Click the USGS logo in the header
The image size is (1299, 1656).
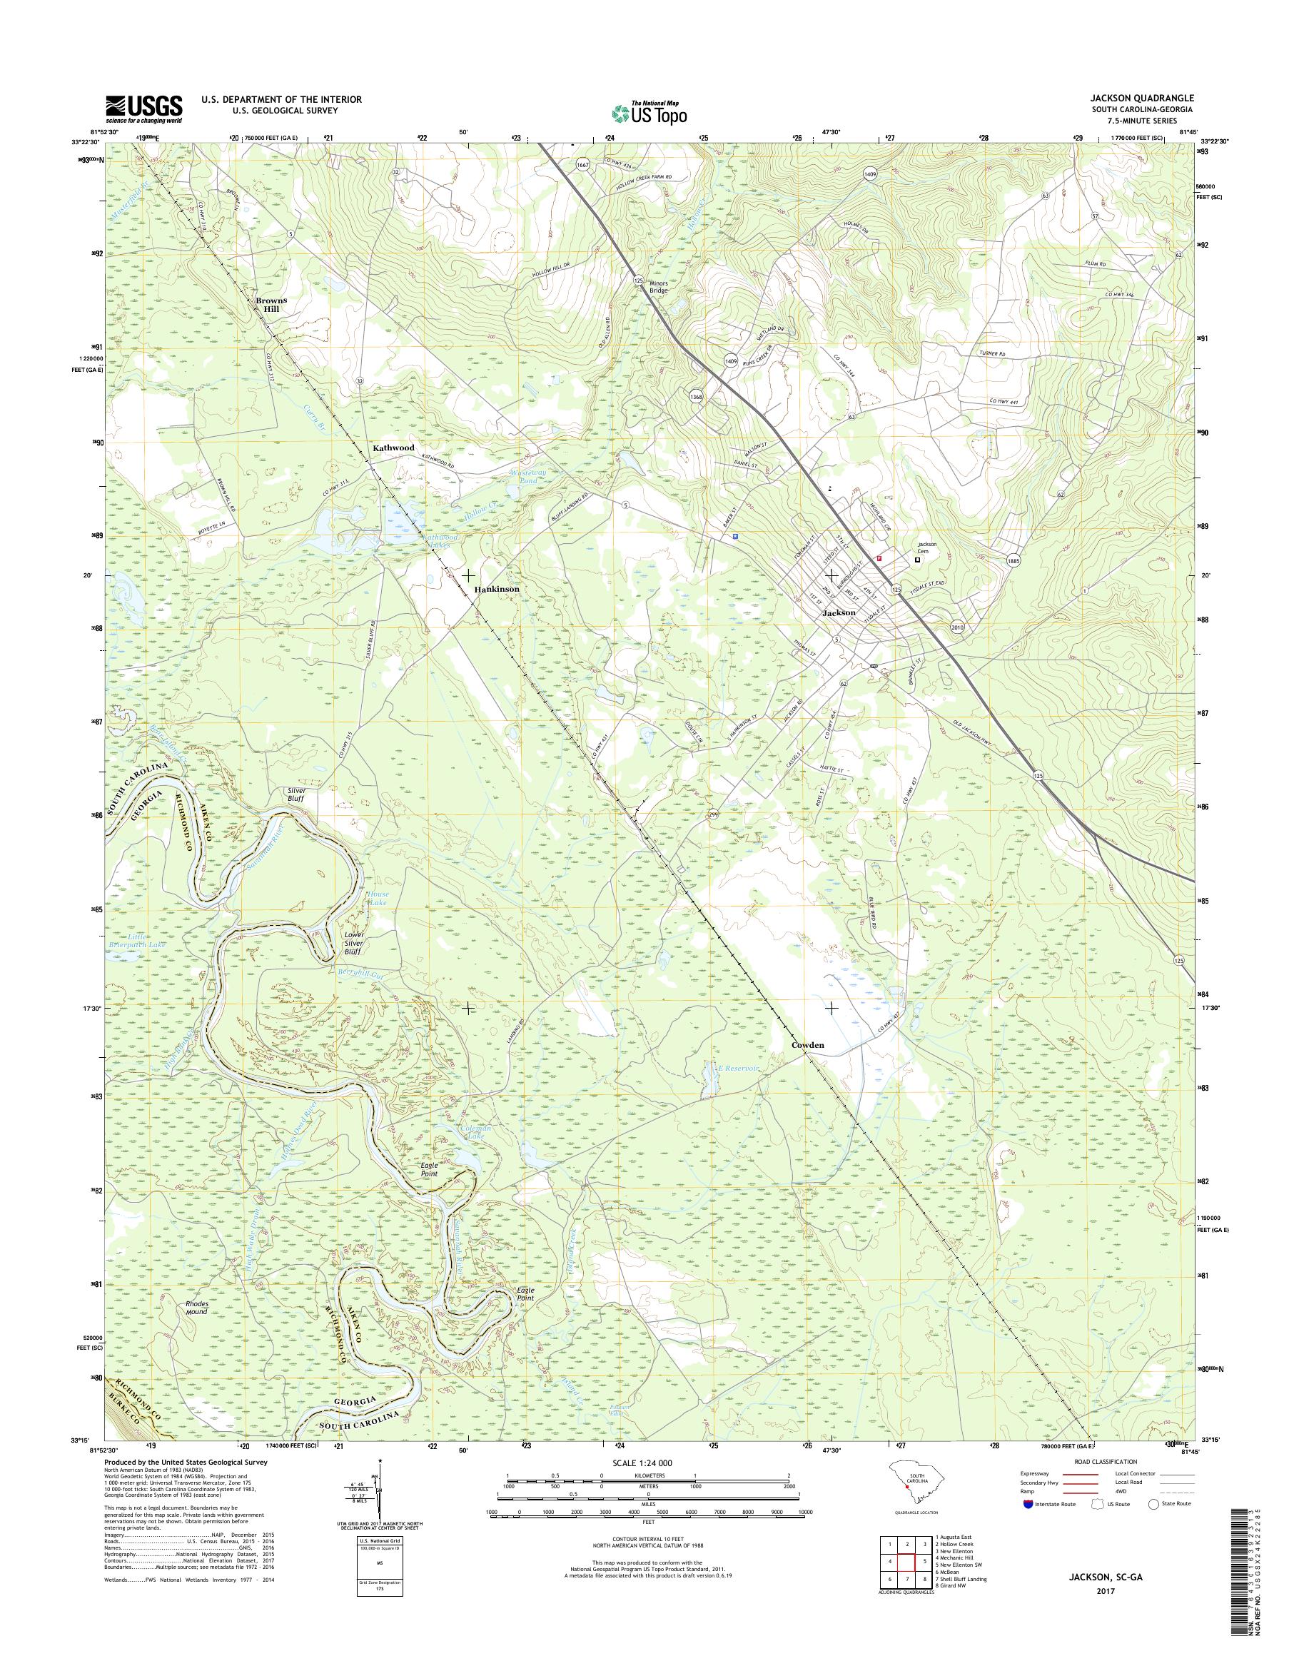click(143, 108)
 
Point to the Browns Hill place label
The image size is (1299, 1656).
click(271, 305)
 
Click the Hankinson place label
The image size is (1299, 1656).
click(497, 589)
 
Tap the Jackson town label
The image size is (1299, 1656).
click(838, 612)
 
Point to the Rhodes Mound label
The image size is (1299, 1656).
click(196, 1307)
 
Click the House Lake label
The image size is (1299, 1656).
click(379, 899)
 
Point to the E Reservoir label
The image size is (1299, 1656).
click(740, 1068)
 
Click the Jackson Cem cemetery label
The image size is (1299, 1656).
click(926, 547)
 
